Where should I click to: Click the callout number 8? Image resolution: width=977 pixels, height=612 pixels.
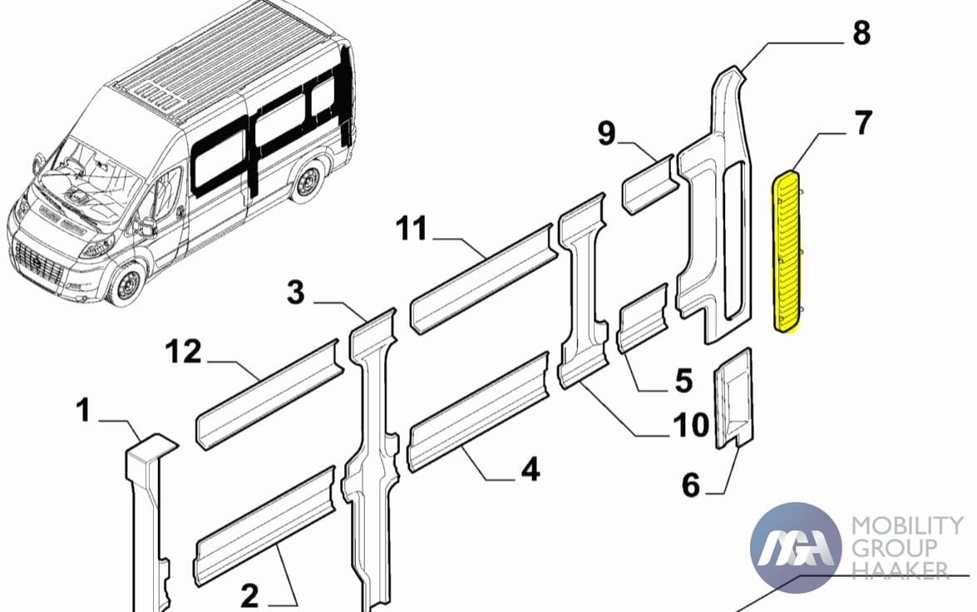pos(861,32)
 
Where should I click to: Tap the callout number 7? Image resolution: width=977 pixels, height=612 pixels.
pos(863,123)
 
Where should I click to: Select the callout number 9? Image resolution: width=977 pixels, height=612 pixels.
pos(606,133)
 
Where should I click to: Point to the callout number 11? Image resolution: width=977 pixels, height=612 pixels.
pos(412,229)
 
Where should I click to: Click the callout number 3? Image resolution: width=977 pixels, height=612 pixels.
pos(296,292)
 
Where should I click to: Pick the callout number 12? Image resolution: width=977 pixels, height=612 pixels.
pos(184,352)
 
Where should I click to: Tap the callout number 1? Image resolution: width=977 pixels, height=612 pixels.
pos(83,411)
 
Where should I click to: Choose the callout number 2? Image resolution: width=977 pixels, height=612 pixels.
pos(249,596)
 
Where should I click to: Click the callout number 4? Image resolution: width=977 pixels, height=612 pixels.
pos(530,469)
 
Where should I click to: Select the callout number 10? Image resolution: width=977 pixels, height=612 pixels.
pos(691,425)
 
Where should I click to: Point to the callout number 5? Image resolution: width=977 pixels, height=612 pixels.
pos(683,380)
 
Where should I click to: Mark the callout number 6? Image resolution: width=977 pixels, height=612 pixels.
pos(691,485)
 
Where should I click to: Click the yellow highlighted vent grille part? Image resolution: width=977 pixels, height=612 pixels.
pos(787,251)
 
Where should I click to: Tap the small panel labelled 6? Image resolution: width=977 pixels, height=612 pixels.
pos(733,397)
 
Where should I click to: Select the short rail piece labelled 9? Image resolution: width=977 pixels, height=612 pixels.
pos(648,185)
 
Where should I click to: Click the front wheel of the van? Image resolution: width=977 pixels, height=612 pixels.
pos(128,285)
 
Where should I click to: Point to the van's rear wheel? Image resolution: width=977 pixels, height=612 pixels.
pos(307,181)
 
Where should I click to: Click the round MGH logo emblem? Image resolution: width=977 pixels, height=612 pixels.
pos(796,547)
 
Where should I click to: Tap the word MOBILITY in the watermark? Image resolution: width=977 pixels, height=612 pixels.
pos(907,526)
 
